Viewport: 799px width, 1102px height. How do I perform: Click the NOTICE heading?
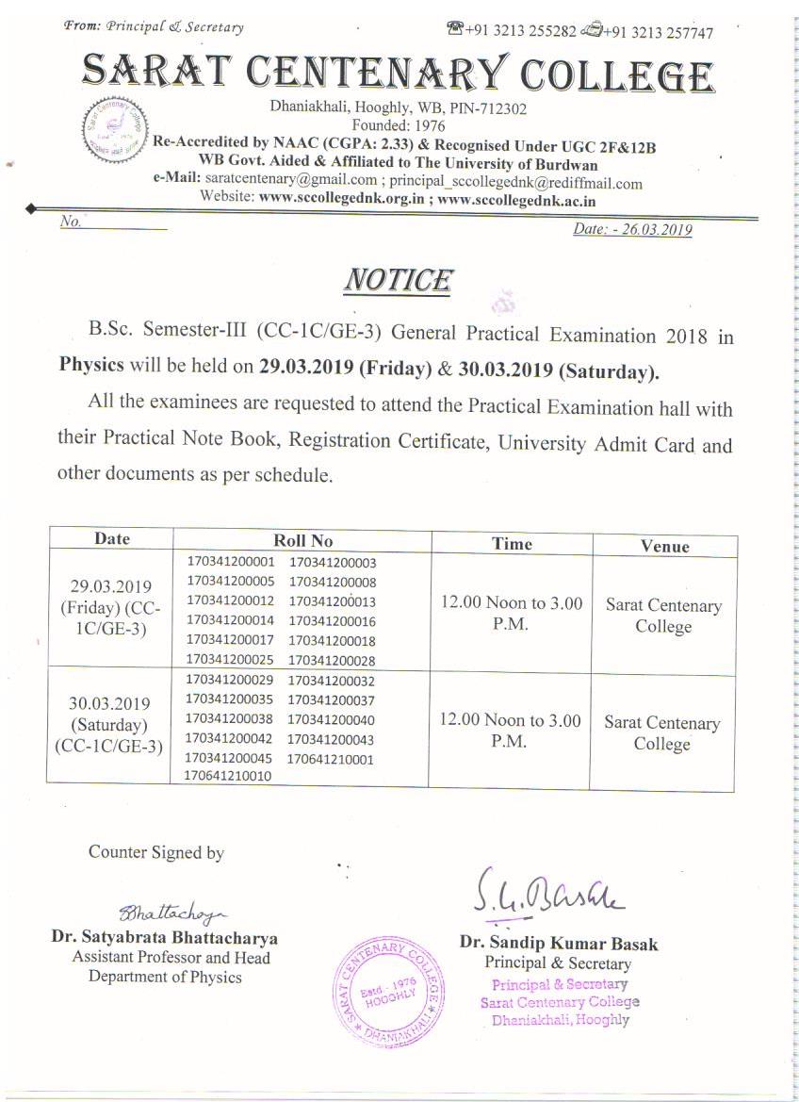pyautogui.click(x=398, y=280)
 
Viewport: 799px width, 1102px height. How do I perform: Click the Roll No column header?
pyautogui.click(x=302, y=540)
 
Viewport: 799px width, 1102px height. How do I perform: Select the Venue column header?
pyautogui.click(x=664, y=546)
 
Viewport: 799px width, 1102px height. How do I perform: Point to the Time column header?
pyautogui.click(x=512, y=543)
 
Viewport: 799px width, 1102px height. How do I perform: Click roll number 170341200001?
pyautogui.click(x=231, y=562)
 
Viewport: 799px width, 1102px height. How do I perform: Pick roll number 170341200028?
pyautogui.click(x=332, y=661)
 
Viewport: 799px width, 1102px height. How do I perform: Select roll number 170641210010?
pyautogui.click(x=228, y=776)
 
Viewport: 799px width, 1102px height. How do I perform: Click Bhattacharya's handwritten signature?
pyautogui.click(x=174, y=911)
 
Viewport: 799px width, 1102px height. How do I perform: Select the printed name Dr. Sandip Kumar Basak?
pyautogui.click(x=559, y=943)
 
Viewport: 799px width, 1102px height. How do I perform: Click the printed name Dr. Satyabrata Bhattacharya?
pyautogui.click(x=165, y=938)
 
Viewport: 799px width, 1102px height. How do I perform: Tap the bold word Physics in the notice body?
pyautogui.click(x=91, y=366)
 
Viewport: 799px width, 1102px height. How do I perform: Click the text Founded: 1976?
pyautogui.click(x=398, y=124)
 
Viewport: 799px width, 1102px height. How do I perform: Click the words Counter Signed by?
pyautogui.click(x=156, y=852)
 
